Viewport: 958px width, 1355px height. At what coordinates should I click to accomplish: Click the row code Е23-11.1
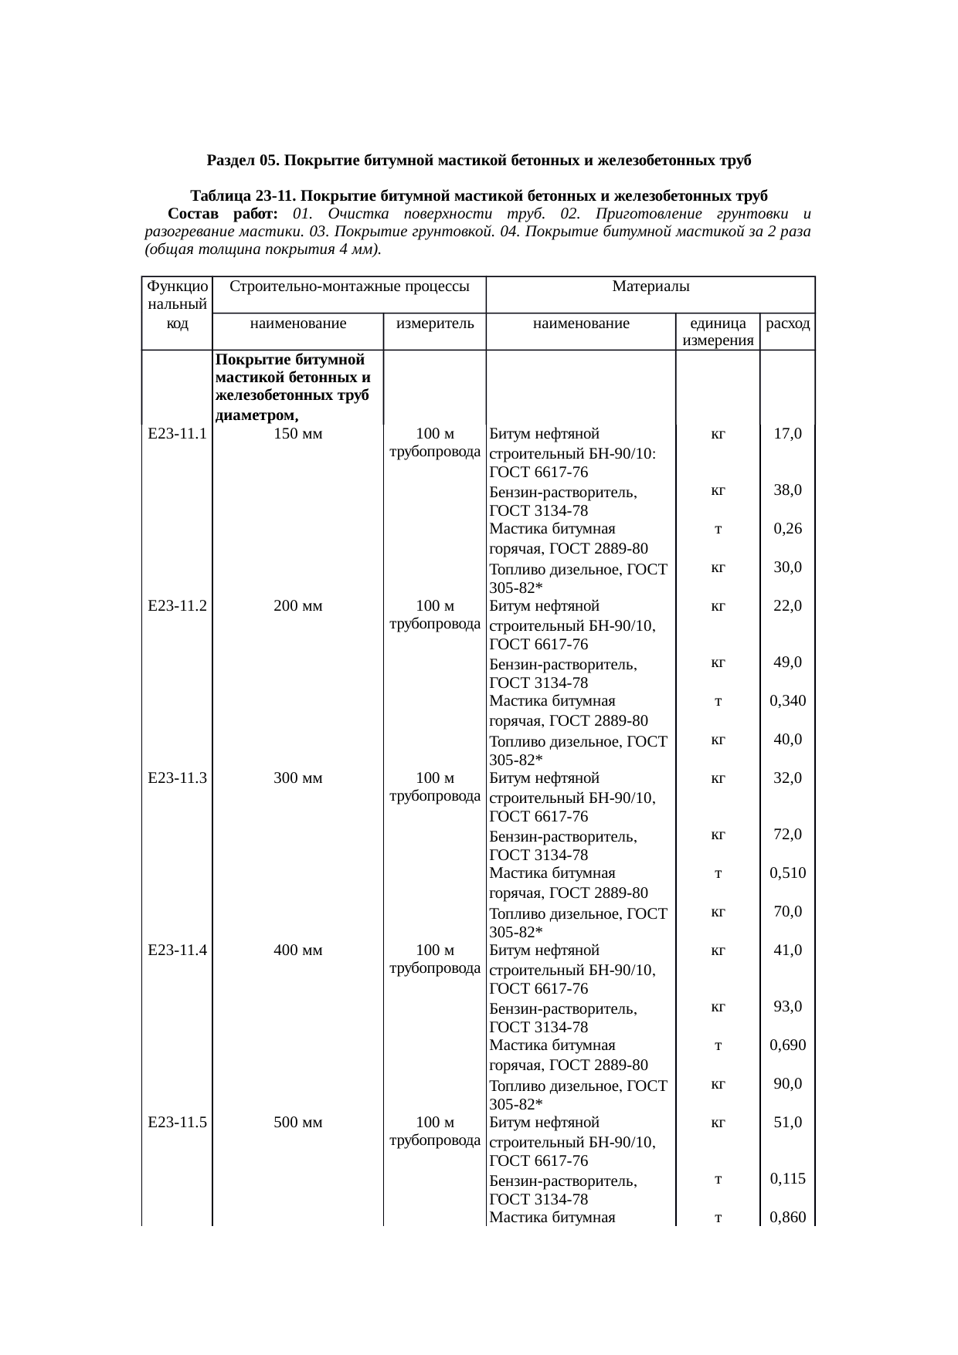click(177, 434)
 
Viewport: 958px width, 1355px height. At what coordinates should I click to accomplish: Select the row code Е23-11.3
click(177, 778)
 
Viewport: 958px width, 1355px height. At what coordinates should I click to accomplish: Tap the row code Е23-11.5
click(177, 1123)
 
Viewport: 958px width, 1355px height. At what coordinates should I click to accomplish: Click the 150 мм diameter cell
click(298, 434)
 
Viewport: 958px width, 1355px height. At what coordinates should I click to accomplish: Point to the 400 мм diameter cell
click(298, 950)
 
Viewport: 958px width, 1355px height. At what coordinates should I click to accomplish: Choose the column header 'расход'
click(787, 324)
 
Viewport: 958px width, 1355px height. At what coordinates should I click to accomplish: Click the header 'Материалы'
click(651, 287)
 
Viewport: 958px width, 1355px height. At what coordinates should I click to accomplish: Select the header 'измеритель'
click(434, 324)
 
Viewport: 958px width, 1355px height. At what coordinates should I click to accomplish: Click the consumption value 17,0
click(787, 434)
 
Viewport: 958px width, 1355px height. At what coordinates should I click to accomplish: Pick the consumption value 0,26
click(787, 529)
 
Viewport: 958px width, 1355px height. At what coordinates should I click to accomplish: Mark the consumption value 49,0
click(787, 662)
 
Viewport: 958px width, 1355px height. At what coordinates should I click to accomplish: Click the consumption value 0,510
click(787, 873)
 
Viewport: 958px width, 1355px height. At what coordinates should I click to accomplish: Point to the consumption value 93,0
click(787, 1007)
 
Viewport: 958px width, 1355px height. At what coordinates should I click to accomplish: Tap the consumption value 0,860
click(787, 1218)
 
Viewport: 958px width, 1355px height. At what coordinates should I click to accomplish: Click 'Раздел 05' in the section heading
click(242, 161)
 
